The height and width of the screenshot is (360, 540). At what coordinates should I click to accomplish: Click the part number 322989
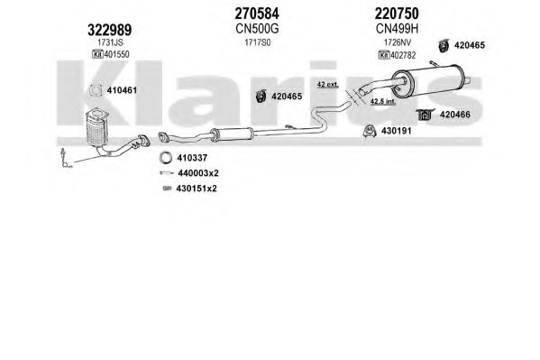[x=109, y=30]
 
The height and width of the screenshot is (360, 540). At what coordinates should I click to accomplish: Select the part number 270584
[x=257, y=14]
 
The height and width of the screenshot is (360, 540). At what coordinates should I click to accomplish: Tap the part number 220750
[x=397, y=14]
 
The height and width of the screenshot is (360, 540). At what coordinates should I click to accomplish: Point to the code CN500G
[x=257, y=29]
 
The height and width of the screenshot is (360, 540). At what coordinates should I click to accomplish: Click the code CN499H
[x=397, y=29]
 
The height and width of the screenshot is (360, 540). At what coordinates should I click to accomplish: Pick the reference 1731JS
[x=110, y=42]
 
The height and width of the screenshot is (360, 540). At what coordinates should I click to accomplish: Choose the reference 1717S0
[x=258, y=42]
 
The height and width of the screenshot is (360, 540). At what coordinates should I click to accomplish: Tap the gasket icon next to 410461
[x=96, y=90]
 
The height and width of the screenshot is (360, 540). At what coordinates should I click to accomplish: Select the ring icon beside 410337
[x=166, y=158]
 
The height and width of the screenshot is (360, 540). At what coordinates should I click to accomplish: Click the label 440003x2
[x=198, y=173]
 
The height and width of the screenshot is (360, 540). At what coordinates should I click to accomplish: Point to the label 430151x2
[x=197, y=189]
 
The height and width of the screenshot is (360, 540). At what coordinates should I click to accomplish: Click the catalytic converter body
[x=96, y=129]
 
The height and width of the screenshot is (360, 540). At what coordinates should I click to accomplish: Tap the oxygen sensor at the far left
[x=64, y=157]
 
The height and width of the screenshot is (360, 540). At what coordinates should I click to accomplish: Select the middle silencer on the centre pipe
[x=232, y=134]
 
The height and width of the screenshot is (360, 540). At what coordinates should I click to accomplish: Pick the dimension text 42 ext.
[x=328, y=84]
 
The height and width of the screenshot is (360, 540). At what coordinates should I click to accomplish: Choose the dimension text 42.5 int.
[x=383, y=101]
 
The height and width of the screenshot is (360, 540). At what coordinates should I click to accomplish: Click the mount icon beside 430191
[x=370, y=131]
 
